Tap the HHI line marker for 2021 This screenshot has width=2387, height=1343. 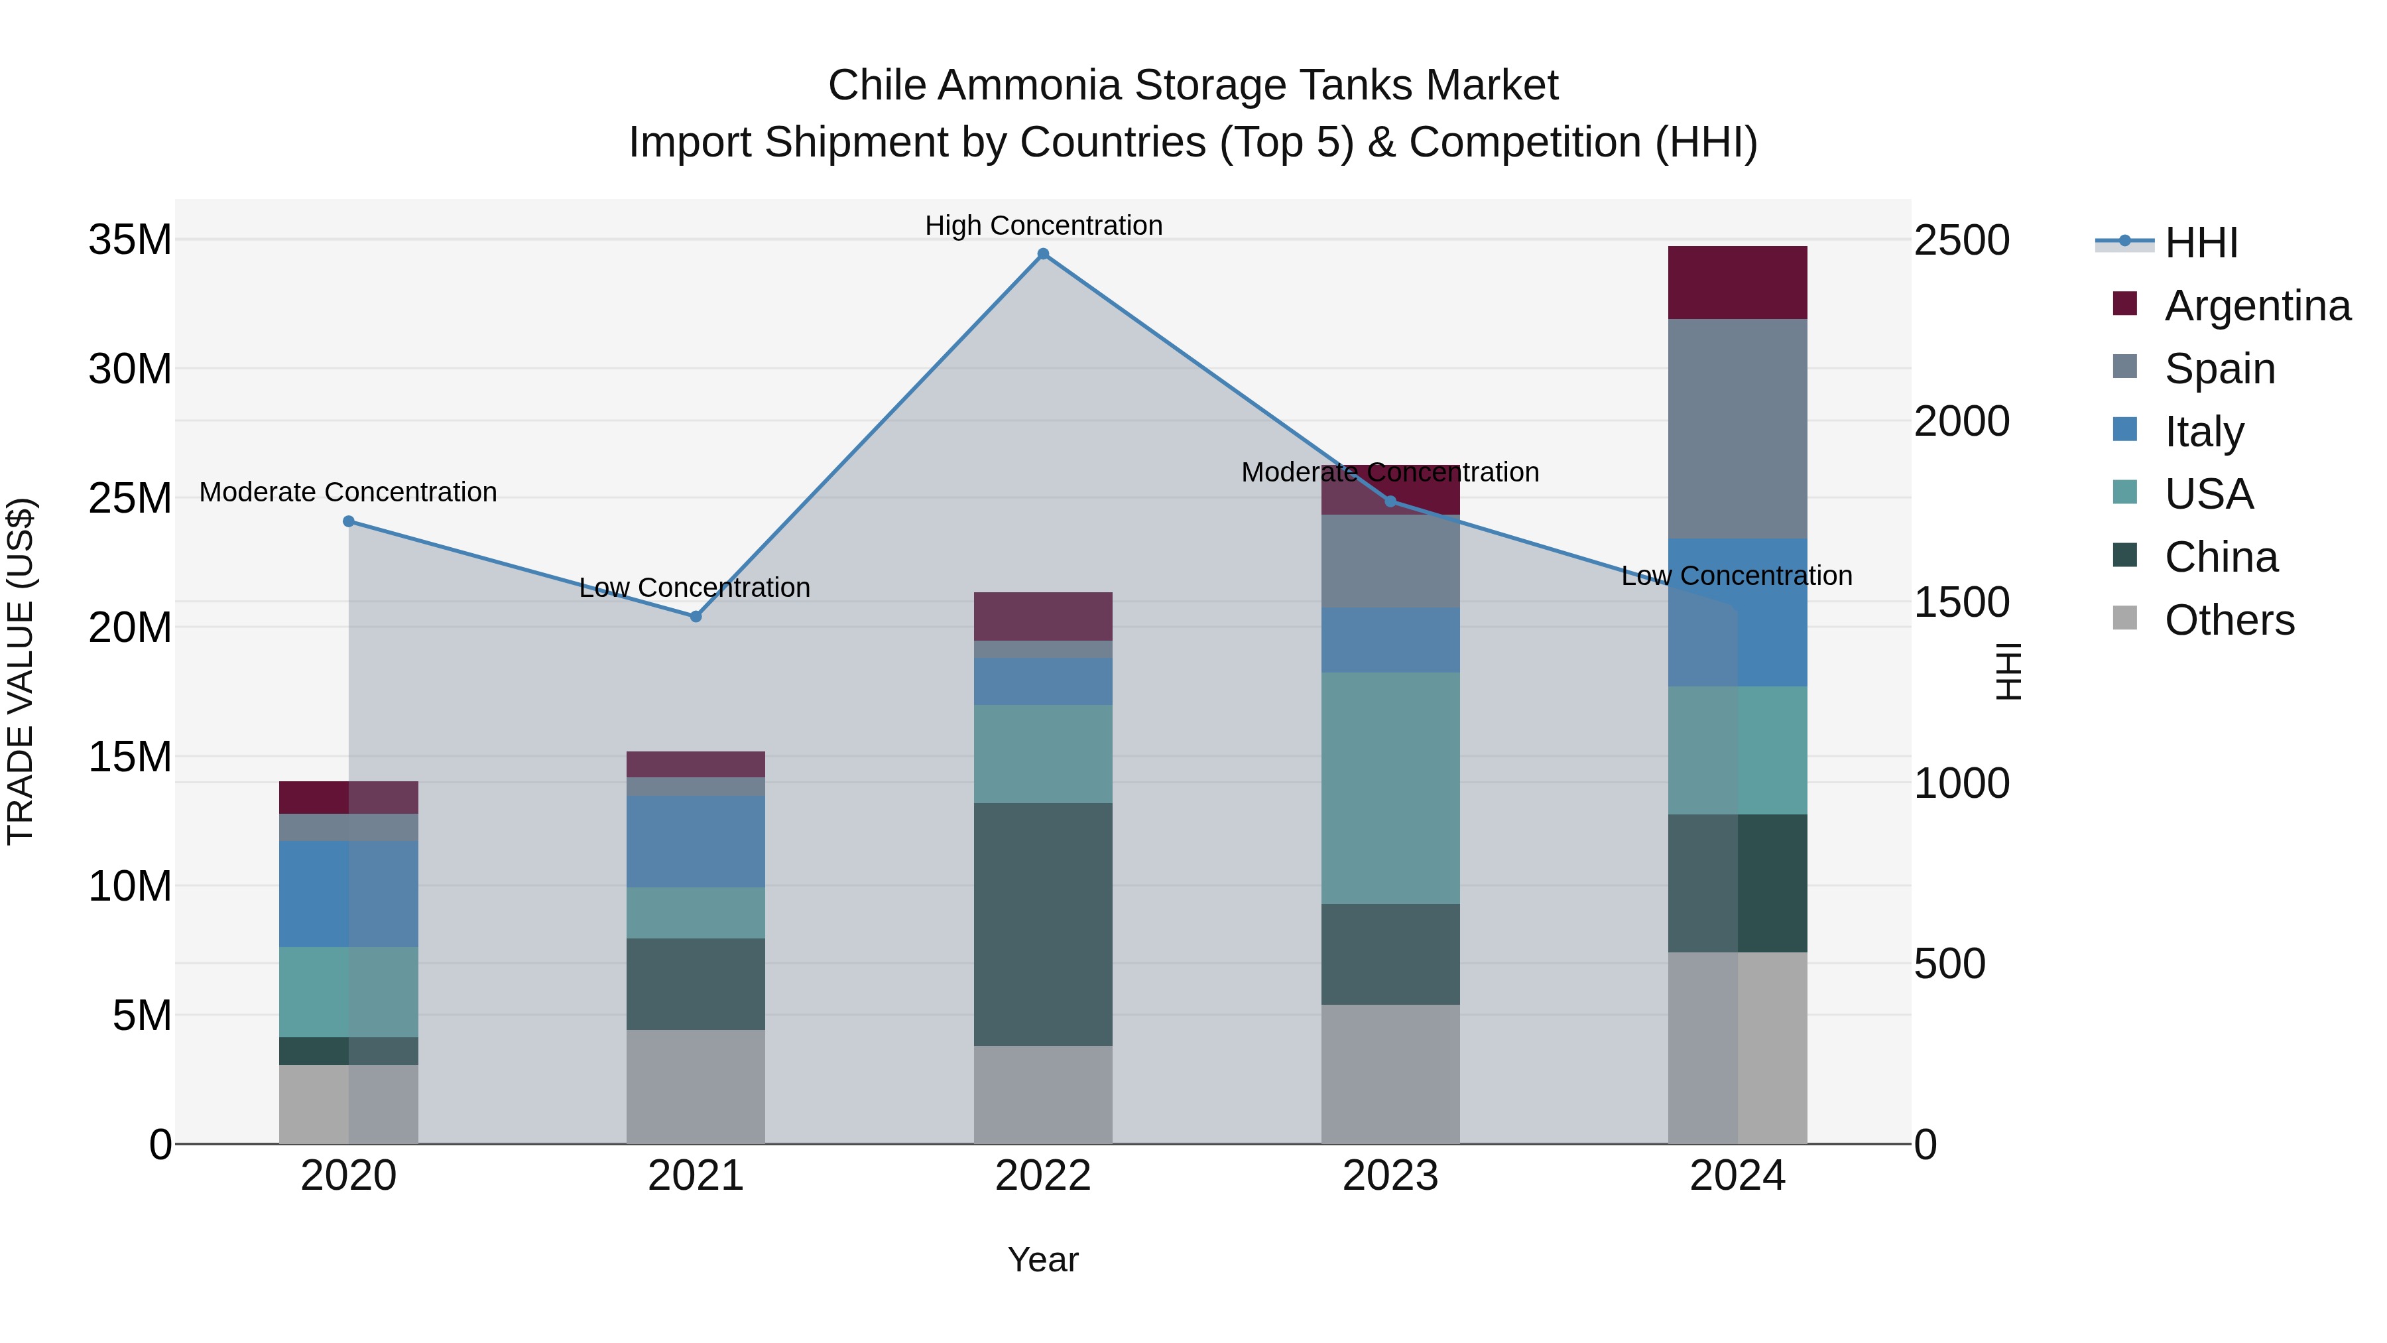point(696,616)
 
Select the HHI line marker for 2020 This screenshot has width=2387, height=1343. point(348,522)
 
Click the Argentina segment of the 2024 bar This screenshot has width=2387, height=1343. point(1737,283)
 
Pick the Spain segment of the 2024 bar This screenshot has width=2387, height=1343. point(1737,428)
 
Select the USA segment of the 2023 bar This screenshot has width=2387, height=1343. point(1390,788)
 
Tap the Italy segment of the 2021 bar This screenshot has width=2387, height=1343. point(696,842)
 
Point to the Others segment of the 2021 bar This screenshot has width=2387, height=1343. point(696,1086)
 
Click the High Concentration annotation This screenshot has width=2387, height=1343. point(1044,225)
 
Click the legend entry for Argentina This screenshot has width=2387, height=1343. point(2257,306)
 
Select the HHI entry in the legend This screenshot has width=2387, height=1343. point(2201,243)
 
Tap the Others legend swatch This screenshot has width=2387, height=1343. point(2125,618)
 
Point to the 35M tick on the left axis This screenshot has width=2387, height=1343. point(130,240)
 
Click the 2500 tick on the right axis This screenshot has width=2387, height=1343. point(1962,240)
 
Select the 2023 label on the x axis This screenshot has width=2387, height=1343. point(1390,1176)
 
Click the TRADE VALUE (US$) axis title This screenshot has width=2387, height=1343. point(21,671)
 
